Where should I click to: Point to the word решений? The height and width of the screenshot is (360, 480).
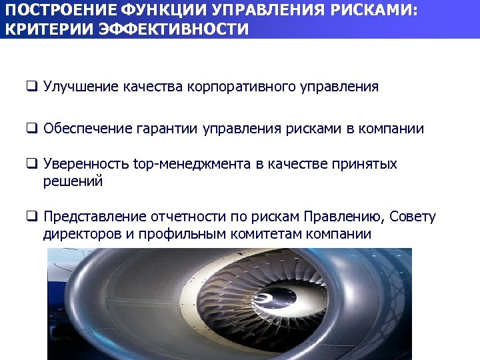pyautogui.click(x=73, y=181)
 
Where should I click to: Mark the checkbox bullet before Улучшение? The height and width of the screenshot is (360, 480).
pyautogui.click(x=31, y=87)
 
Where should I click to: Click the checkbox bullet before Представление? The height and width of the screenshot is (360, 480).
pyautogui.click(x=31, y=217)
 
